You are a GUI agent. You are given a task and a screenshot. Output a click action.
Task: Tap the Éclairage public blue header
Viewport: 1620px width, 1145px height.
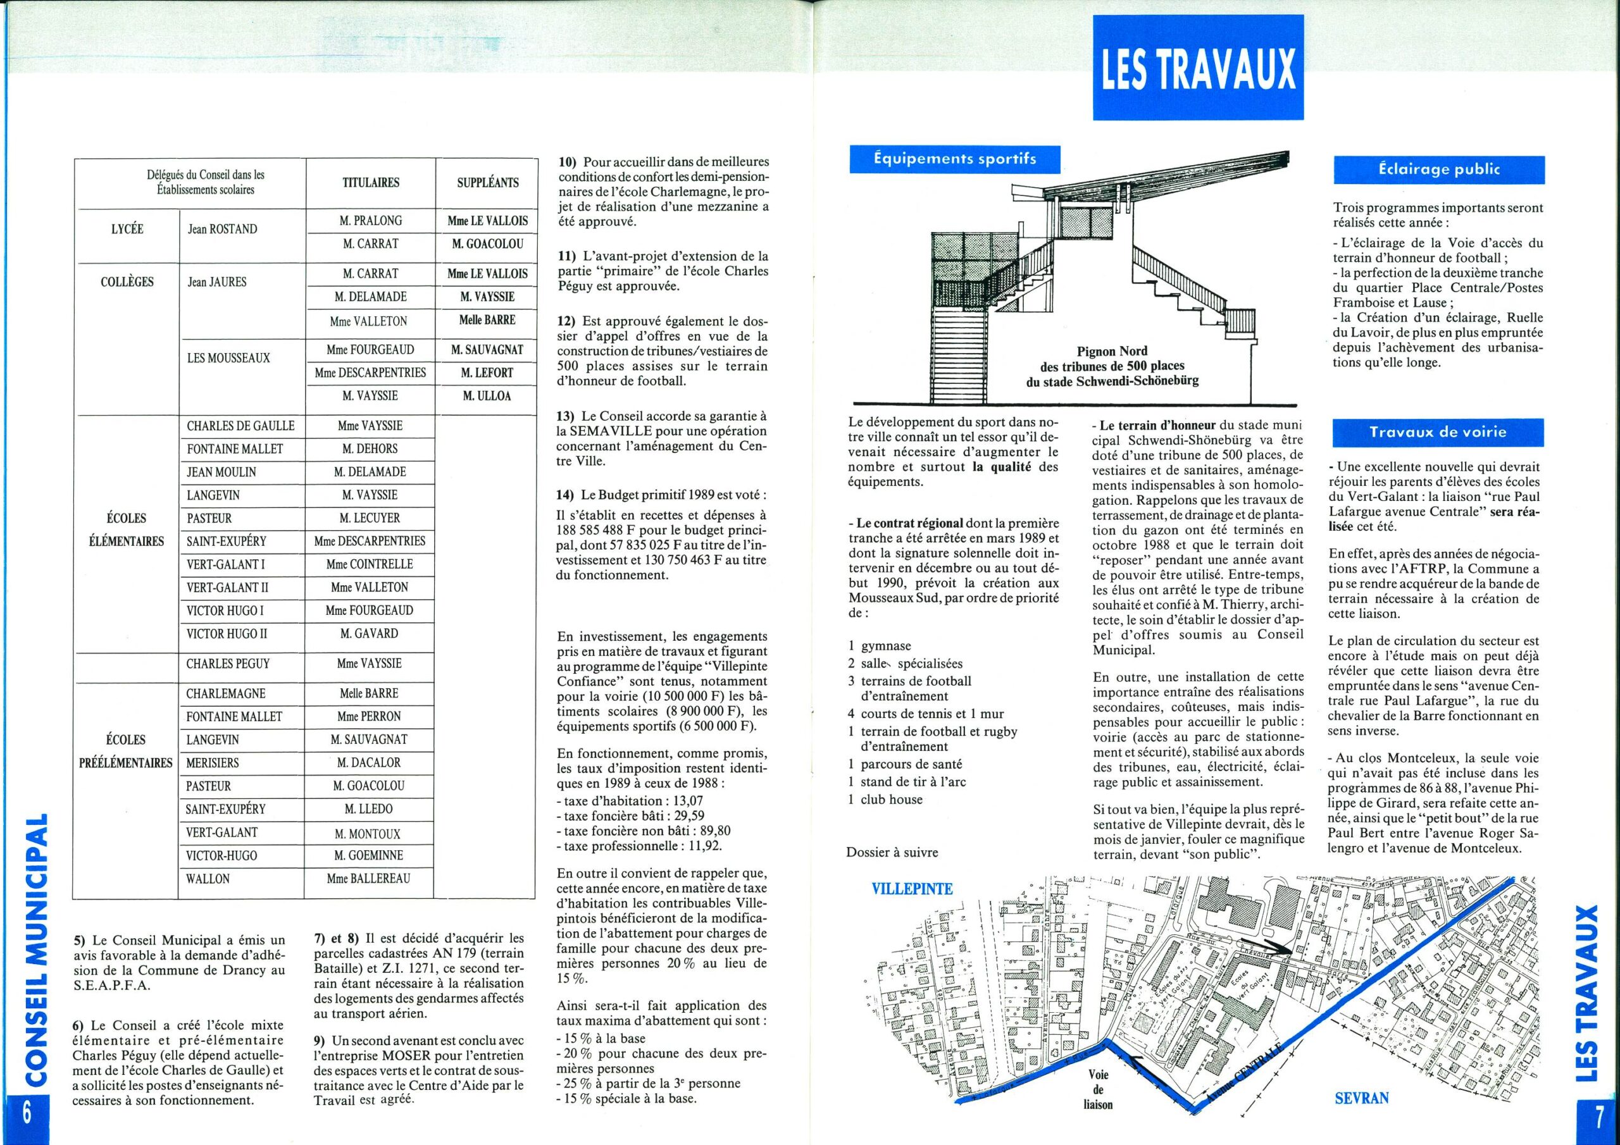point(1438,170)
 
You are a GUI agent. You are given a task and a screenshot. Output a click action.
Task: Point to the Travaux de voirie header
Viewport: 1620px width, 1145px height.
point(1438,433)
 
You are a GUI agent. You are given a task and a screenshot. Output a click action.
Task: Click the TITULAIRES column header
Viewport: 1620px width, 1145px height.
point(370,183)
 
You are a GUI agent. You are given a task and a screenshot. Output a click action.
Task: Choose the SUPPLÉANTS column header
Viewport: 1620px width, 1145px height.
point(487,183)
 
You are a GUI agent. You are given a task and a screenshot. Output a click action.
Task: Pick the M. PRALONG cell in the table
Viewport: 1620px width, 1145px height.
point(370,221)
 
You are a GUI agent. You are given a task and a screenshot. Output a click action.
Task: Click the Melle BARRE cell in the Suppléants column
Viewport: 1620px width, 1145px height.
point(487,319)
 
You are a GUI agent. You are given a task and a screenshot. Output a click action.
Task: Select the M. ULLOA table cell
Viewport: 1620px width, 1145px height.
point(487,396)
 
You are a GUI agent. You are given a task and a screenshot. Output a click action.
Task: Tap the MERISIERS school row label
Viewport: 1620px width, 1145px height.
point(213,763)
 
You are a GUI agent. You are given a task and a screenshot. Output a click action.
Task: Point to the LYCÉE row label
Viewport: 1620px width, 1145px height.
point(128,228)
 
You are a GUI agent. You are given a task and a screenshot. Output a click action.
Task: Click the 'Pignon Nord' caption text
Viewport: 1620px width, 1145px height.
point(1112,366)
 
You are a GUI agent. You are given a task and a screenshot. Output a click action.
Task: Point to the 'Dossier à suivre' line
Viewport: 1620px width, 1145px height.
point(892,852)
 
